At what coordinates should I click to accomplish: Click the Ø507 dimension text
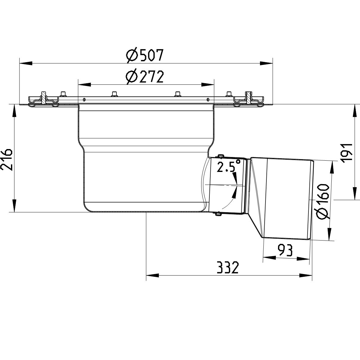(145, 56)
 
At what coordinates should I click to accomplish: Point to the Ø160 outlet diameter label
(323, 201)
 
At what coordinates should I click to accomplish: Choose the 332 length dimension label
(227, 268)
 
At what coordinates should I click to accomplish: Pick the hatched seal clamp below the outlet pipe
(218, 214)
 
